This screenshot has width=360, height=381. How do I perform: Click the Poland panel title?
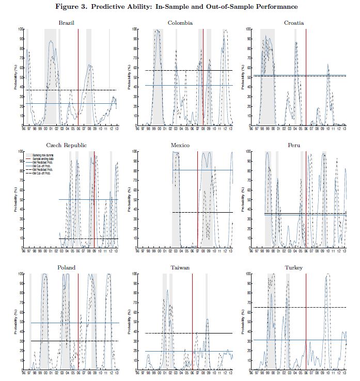coord(67,268)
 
